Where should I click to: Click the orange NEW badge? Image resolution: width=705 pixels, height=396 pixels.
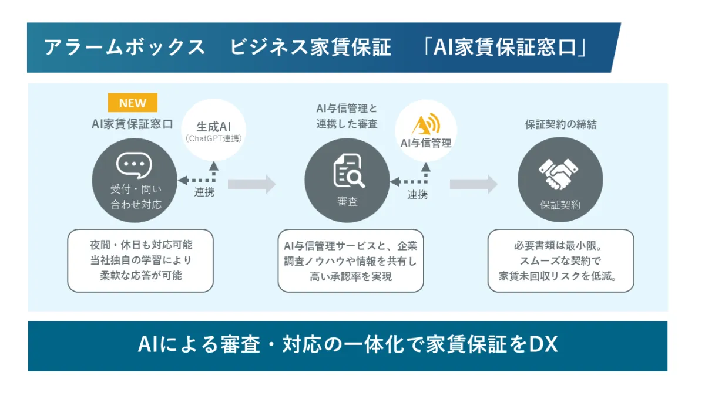133,103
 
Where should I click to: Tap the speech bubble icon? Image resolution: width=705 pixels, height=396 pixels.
135,165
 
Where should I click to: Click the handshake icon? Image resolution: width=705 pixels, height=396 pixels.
559,174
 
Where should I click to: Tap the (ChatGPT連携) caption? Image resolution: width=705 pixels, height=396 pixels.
214,140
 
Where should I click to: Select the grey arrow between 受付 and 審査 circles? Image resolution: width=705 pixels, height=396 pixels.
251,184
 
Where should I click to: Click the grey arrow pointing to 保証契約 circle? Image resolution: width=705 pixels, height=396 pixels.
473,184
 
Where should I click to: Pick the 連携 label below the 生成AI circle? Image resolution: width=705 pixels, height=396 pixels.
204,192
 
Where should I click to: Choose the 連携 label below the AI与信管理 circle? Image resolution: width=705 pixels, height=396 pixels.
418,195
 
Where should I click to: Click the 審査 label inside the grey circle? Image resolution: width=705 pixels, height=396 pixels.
347,201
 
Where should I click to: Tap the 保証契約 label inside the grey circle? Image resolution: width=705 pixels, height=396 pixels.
560,205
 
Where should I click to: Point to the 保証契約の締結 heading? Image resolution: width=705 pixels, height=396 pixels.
560,124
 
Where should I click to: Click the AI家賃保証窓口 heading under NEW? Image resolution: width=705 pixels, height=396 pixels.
132,124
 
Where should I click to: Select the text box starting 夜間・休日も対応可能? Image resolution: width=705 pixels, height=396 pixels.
140,260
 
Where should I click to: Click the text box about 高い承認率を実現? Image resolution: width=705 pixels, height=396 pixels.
351,261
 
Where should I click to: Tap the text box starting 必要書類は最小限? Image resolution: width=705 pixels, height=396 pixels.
560,260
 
